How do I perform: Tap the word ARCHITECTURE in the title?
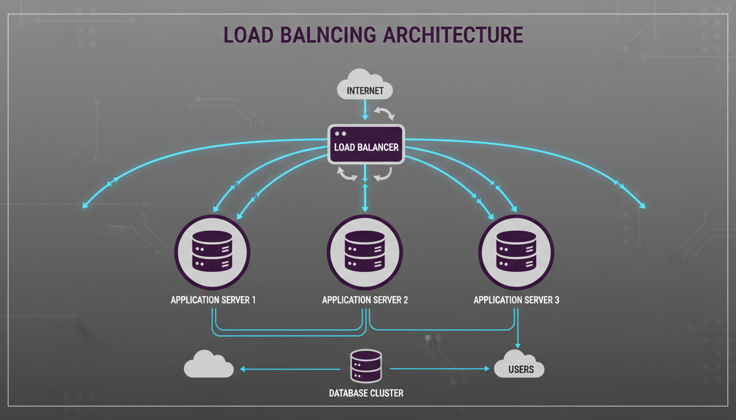453,34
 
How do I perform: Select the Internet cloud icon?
365,85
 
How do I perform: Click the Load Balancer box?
366,144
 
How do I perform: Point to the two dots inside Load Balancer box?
340,133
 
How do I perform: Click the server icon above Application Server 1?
212,252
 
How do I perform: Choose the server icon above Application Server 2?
365,252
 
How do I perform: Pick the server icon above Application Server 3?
516,252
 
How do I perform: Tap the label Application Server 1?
213,300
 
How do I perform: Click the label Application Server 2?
365,300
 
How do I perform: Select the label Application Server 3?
516,300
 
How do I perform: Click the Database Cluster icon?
365,366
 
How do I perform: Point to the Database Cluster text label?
366,393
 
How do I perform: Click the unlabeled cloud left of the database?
209,365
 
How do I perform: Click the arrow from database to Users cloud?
438,369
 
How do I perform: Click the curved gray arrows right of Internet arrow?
383,113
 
